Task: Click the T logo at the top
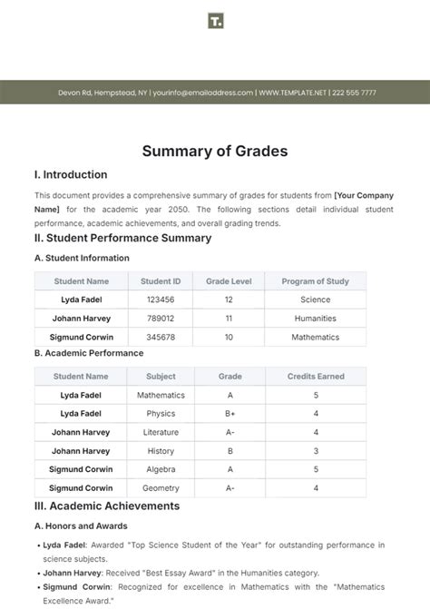(x=215, y=21)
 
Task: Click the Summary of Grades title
(x=215, y=151)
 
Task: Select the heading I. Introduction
(x=71, y=175)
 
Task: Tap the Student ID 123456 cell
(x=160, y=300)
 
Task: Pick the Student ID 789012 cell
(x=160, y=319)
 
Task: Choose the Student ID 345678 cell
(x=160, y=337)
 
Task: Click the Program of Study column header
(x=316, y=281)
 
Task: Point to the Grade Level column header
(x=230, y=281)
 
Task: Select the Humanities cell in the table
(x=316, y=319)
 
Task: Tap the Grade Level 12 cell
(x=230, y=300)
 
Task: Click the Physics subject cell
(x=161, y=414)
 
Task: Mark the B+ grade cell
(x=230, y=414)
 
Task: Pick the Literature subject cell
(x=161, y=432)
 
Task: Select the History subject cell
(x=161, y=451)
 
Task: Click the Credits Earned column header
(x=316, y=376)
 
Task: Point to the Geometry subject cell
(x=161, y=488)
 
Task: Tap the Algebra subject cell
(x=161, y=469)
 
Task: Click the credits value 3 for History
(x=316, y=451)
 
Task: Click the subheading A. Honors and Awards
(x=81, y=526)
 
